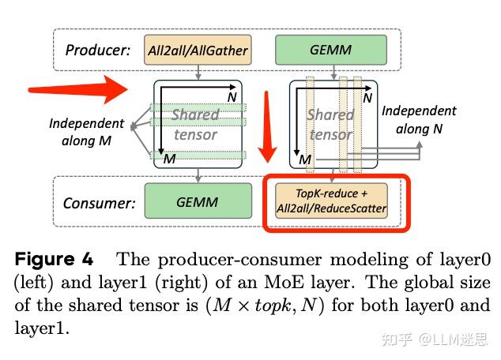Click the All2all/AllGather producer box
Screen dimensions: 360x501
click(x=198, y=51)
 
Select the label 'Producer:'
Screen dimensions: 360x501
click(x=99, y=51)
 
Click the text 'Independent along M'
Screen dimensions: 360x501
click(x=86, y=132)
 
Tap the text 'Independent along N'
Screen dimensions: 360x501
click(x=419, y=119)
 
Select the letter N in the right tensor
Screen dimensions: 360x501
click(x=366, y=99)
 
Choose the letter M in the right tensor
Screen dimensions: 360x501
click(x=304, y=161)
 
